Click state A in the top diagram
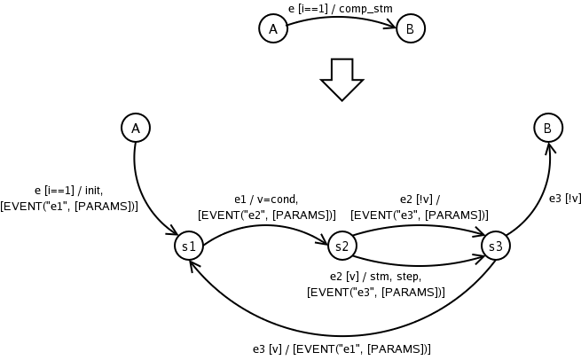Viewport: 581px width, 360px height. click(x=273, y=29)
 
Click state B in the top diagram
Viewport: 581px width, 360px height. click(x=410, y=29)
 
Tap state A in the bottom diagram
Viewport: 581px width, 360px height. click(x=136, y=129)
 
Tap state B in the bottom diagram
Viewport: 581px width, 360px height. click(x=548, y=129)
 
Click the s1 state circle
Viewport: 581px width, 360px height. click(x=189, y=246)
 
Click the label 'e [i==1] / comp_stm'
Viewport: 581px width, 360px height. click(x=340, y=8)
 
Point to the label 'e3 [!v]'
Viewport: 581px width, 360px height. click(x=564, y=198)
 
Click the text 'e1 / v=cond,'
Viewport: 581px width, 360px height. click(x=266, y=199)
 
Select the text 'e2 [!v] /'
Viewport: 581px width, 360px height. click(x=420, y=200)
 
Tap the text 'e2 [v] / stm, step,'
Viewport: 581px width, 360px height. click(x=375, y=277)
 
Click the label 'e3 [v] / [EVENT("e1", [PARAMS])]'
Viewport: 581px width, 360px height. click(x=342, y=348)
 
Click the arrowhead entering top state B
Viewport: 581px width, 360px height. click(x=392, y=27)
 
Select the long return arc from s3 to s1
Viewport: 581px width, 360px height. click(x=337, y=331)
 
